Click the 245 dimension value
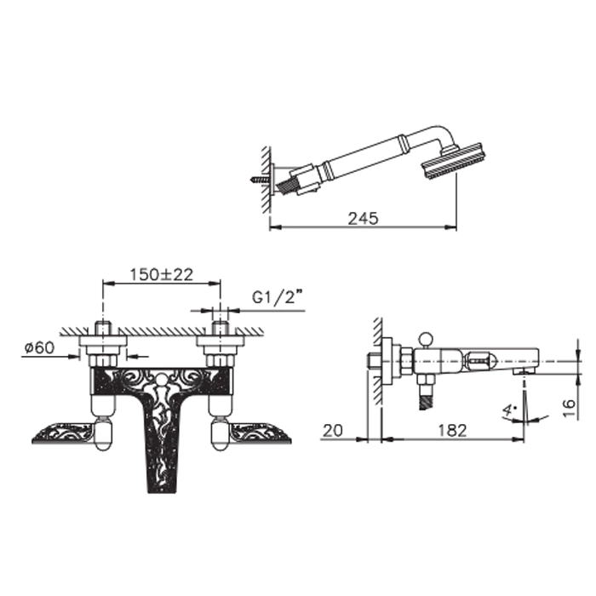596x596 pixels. coord(363,219)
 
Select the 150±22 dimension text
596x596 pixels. coord(162,274)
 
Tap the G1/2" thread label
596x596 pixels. coord(279,297)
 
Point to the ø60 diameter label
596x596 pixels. coord(39,347)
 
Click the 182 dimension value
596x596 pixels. coord(452,431)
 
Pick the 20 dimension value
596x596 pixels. coord(333,431)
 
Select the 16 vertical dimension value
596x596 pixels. coord(569,408)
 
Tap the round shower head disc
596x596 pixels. coord(453,161)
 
